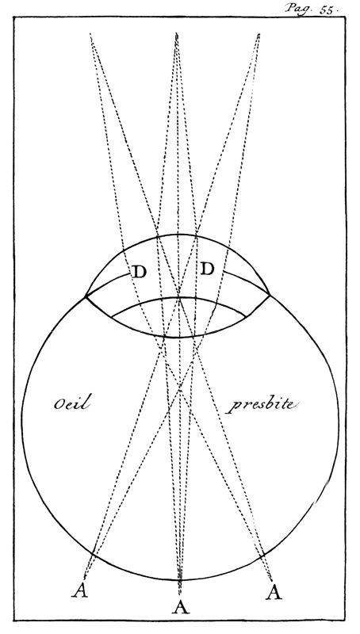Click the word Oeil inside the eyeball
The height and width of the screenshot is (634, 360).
click(71, 403)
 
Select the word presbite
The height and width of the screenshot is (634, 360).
click(262, 405)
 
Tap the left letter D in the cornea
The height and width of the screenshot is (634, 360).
click(139, 272)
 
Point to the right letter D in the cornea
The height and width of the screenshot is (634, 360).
click(207, 269)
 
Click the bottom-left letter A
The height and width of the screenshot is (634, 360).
click(80, 590)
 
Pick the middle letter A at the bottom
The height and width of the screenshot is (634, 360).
click(181, 606)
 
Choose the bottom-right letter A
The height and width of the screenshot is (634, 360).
click(274, 592)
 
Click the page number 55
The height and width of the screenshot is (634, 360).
click(326, 10)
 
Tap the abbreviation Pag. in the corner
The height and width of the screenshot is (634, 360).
click(298, 8)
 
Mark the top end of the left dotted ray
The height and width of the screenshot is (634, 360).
click(90, 34)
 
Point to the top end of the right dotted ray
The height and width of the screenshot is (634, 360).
click(259, 34)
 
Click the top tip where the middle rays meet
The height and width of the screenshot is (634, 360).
click(177, 33)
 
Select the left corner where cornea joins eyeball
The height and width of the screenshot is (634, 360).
click(86, 296)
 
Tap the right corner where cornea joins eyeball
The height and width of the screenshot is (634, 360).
click(270, 295)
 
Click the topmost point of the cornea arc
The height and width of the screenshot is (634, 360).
click(178, 234)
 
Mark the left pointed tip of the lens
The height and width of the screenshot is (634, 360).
click(111, 316)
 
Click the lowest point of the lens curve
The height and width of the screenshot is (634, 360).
click(178, 338)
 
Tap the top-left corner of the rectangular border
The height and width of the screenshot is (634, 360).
click(13, 17)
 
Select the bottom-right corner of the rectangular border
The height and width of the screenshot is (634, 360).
click(346, 621)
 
